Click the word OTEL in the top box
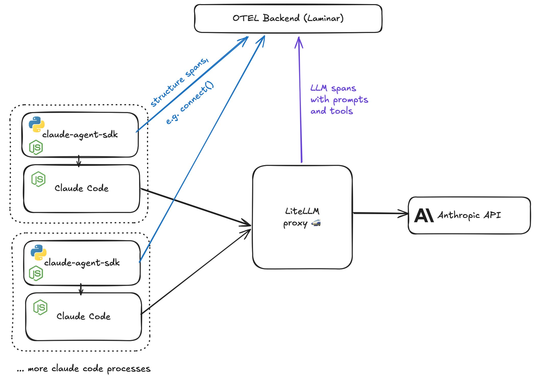246,18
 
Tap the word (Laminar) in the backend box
324,18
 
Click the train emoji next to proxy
316,223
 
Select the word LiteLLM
302,211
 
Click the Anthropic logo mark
424,215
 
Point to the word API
492,215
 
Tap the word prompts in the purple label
350,100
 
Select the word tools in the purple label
341,111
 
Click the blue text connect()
197,97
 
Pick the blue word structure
167,92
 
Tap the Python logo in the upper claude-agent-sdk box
36,124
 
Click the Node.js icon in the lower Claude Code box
40,307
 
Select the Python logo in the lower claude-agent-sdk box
39,252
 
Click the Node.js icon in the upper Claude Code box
38,179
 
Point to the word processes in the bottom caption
129,369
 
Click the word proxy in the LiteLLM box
295,224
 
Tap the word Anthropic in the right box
459,215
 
